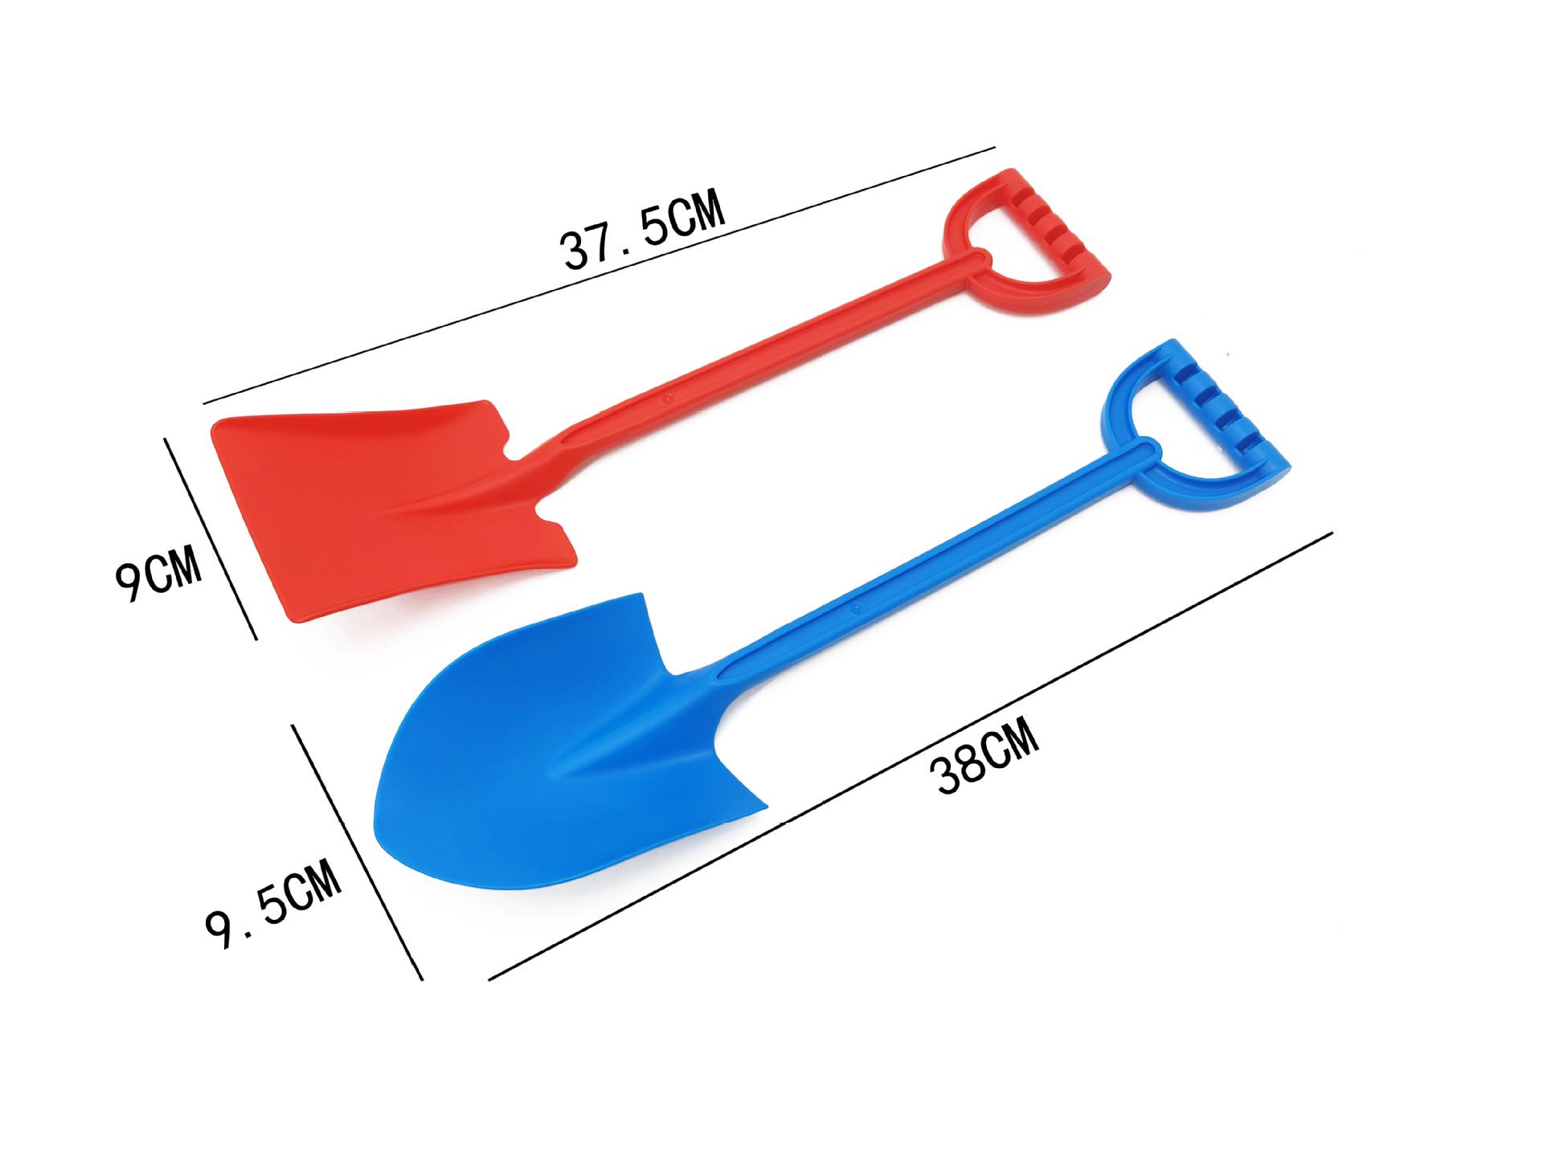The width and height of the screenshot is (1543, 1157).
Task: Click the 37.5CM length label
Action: pyautogui.click(x=643, y=229)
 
